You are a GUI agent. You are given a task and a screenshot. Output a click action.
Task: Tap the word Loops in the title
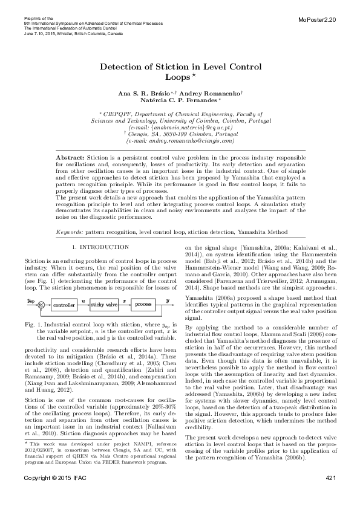pos(178,77)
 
